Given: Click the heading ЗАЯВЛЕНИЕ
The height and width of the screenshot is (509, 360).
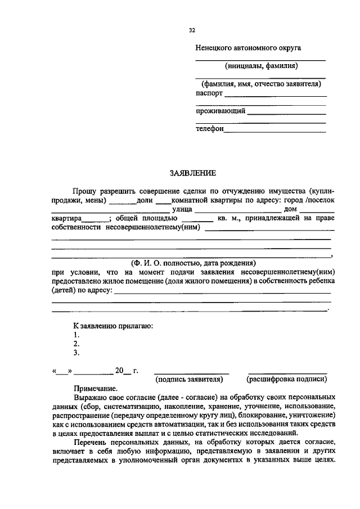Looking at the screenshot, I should (192, 173).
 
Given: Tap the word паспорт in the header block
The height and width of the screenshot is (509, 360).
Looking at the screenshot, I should (209, 93).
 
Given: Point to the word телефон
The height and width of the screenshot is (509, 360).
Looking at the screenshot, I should (210, 129).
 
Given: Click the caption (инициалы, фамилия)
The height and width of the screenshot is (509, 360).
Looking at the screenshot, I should (261, 66).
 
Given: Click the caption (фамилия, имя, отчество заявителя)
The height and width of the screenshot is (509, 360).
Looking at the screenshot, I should (261, 84).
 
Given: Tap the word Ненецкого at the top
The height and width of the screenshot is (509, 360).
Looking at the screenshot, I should (214, 48).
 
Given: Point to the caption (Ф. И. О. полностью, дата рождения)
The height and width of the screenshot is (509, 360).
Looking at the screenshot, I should (192, 263).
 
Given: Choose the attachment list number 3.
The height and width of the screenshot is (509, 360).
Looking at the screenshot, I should (76, 353).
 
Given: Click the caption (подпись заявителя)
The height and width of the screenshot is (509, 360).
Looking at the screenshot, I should (192, 379).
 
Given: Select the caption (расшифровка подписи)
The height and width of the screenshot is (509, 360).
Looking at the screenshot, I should (287, 379).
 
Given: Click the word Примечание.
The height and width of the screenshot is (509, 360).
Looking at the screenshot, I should (96, 389).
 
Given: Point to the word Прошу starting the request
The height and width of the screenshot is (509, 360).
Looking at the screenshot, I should (85, 192).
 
